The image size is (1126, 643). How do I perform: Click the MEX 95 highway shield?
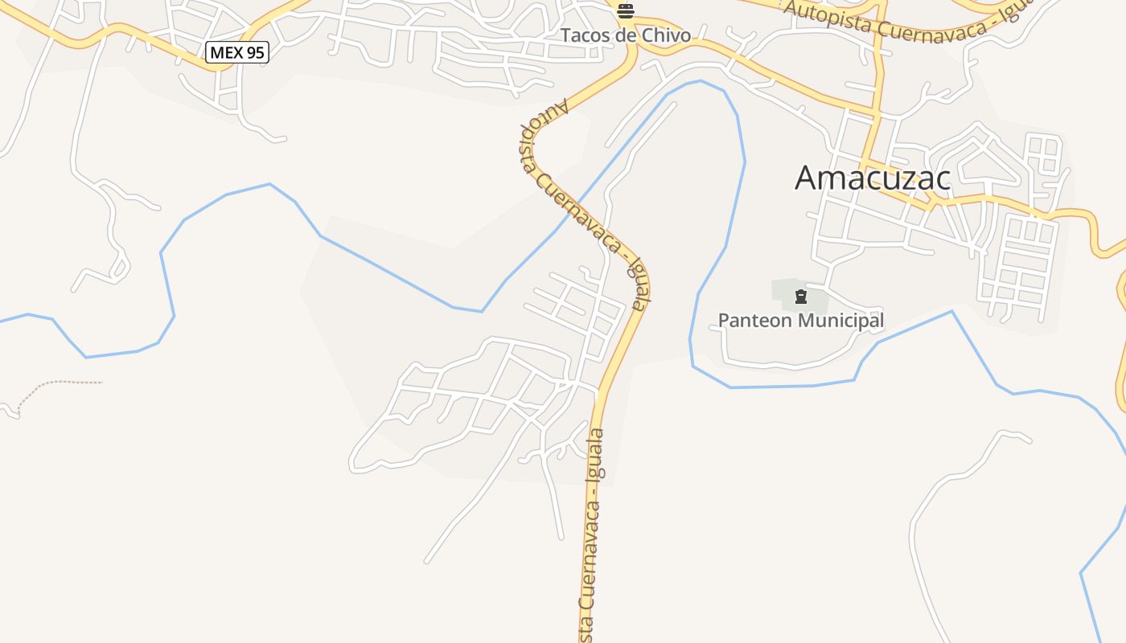click(236, 53)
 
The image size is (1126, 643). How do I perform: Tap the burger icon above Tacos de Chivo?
click(626, 11)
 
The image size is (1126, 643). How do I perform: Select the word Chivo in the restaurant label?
click(664, 35)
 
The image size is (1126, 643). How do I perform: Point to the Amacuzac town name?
click(873, 178)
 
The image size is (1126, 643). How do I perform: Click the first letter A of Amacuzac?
click(807, 178)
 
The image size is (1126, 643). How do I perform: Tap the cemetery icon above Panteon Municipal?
click(800, 297)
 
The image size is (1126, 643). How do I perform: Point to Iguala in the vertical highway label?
click(597, 455)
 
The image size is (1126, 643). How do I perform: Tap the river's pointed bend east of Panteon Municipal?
click(952, 311)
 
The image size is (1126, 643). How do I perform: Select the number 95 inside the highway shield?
click(253, 53)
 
